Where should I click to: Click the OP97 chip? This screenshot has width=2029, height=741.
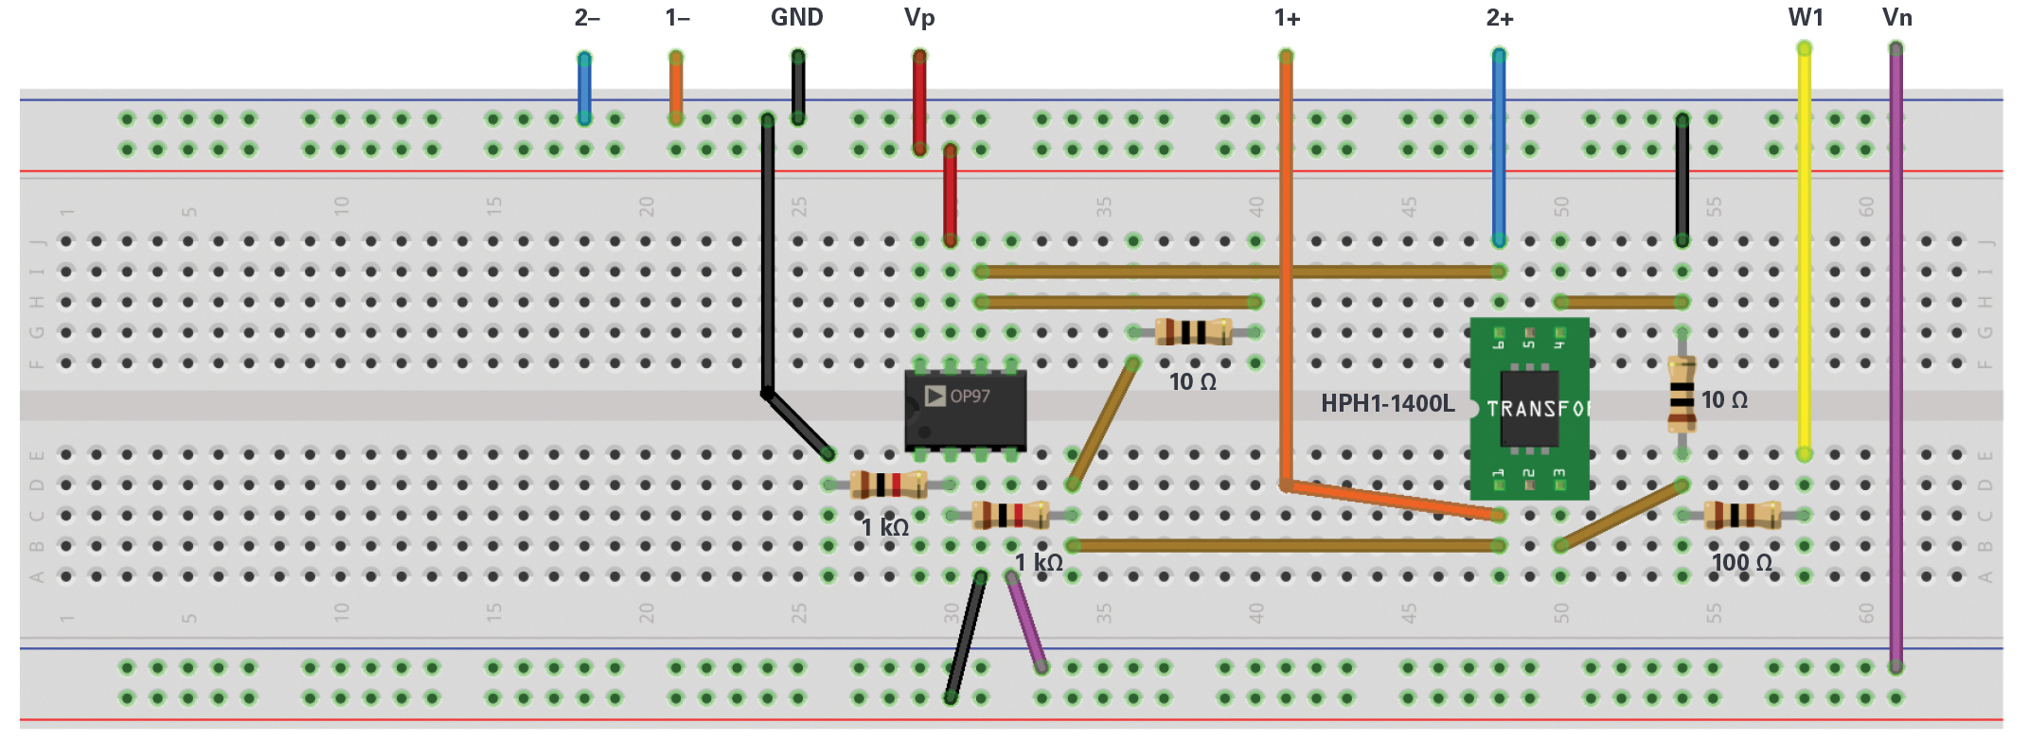point(965,410)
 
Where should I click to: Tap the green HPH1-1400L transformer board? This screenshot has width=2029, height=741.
point(1528,409)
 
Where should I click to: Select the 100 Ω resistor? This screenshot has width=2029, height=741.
point(1742,515)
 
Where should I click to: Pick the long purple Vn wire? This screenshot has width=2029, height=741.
point(1896,360)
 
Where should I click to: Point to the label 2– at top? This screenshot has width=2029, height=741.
point(587,18)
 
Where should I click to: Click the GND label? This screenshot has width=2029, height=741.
point(797,18)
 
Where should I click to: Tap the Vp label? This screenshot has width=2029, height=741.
point(919,18)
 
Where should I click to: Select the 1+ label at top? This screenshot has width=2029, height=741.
point(1287,18)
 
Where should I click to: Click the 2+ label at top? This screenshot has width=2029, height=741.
point(1500,18)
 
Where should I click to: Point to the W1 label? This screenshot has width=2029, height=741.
point(1806,18)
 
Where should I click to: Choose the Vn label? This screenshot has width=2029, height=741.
point(1896,18)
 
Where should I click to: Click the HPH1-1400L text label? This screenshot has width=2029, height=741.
point(1387,404)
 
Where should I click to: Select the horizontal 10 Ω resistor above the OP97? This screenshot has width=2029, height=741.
point(1193,332)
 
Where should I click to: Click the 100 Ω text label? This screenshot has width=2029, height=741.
point(1741,563)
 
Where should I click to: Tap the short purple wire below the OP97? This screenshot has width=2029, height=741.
point(1026,622)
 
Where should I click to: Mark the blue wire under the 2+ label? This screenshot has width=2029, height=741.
point(1499,147)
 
